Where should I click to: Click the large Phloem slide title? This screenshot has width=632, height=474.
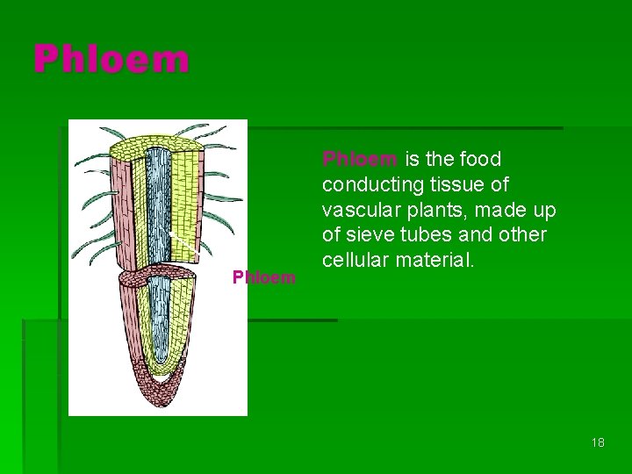pos(111,60)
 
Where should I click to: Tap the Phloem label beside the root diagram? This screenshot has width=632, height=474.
pos(263,278)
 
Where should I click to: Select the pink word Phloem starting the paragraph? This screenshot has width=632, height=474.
pos(361,160)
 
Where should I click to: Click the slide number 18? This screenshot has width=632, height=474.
pos(598,442)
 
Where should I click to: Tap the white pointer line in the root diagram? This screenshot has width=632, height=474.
pos(183,243)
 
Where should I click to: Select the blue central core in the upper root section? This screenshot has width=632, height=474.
pos(158,202)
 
